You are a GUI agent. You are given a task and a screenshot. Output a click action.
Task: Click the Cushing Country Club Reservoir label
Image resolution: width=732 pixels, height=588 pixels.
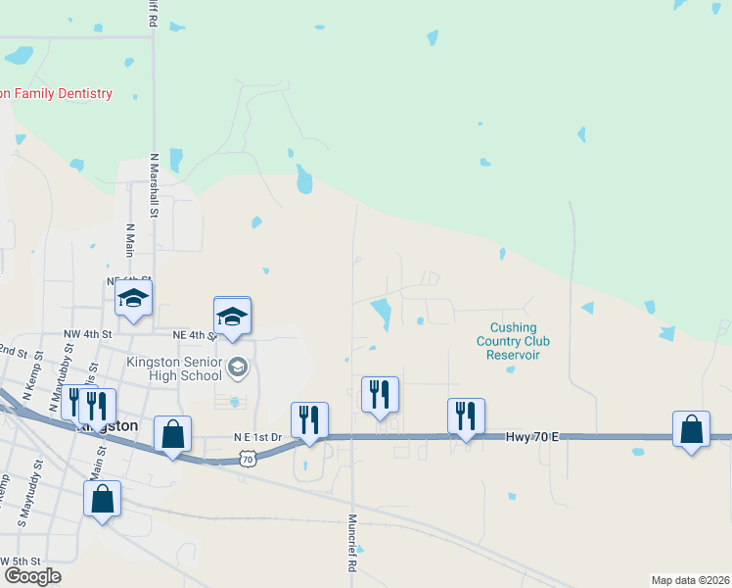pos(513,341)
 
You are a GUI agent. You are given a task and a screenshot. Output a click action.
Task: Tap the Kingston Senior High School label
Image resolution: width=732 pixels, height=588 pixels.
pos(175,368)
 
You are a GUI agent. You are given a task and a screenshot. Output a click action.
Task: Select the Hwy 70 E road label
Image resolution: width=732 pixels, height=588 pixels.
pos(532,435)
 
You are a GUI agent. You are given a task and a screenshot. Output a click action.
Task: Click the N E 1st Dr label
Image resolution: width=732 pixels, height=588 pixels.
pos(257,437)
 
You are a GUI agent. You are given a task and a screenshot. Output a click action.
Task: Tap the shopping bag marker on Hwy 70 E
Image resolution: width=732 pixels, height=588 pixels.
pos(691,429)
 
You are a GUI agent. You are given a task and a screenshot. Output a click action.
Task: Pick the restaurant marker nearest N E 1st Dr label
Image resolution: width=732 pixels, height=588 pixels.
pos(309,419)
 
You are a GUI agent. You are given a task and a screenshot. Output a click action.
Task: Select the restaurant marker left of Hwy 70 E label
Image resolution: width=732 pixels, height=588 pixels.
pos(466,416)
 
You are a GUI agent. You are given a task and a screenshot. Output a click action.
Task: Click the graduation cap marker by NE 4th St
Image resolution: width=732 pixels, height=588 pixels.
pos(232,317)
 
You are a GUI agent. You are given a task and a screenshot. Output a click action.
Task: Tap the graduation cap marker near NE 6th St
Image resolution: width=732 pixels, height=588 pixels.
pos(133,300)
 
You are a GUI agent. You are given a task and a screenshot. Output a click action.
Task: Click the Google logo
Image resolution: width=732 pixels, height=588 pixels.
pos(31,575)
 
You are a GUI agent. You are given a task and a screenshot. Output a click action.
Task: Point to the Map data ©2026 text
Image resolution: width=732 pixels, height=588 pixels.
pos(690,580)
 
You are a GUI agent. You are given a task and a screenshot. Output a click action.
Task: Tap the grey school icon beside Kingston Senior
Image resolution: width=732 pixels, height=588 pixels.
pos(236,368)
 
